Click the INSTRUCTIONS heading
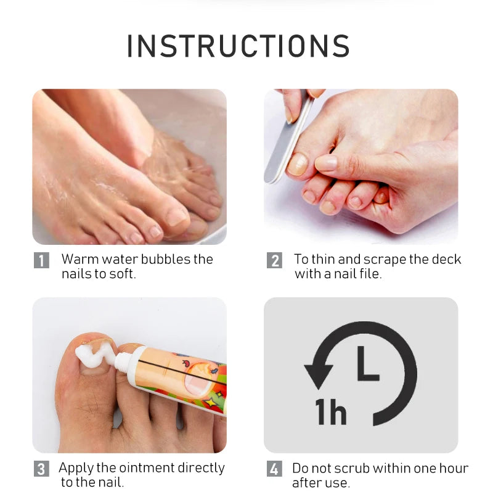(238, 46)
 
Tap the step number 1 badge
(41, 260)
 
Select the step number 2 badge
(274, 260)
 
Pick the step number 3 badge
(41, 469)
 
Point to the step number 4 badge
(274, 469)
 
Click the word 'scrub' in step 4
(351, 469)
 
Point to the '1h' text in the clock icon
(331, 412)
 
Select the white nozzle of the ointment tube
(123, 361)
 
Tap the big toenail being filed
(297, 164)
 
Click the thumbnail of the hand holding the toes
(326, 163)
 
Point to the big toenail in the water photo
(177, 216)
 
